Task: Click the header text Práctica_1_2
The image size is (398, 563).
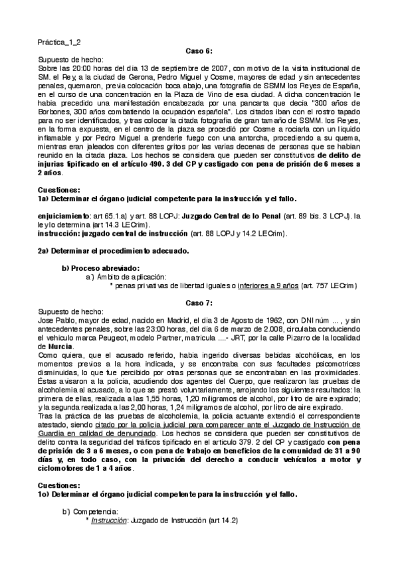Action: (58, 42)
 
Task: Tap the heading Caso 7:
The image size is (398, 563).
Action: (199, 303)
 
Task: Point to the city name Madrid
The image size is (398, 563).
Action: (150, 320)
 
